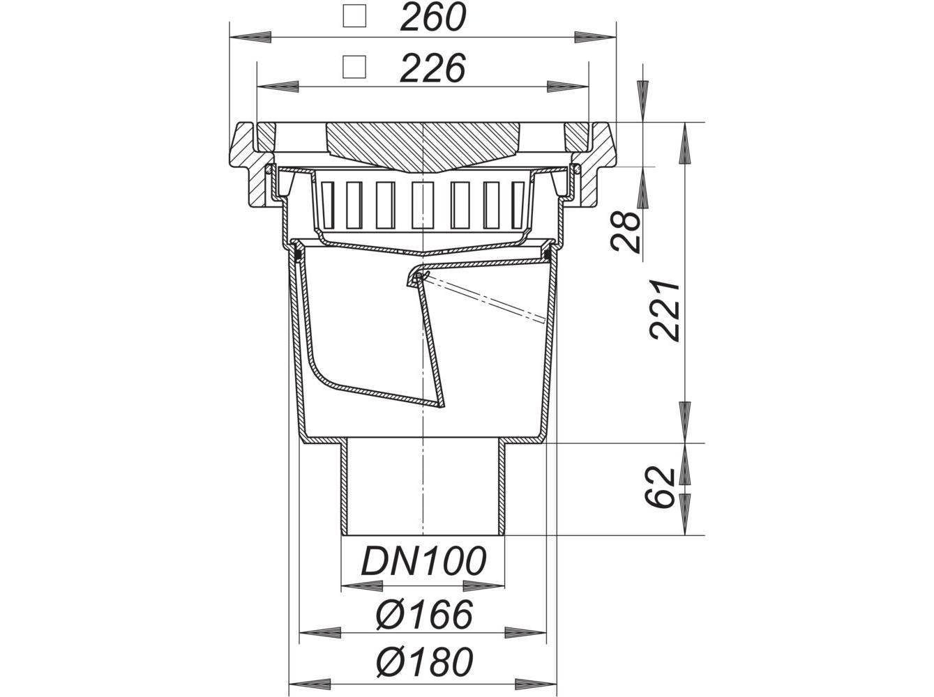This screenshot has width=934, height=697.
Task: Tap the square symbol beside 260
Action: [356, 17]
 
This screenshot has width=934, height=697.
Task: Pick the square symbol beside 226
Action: [356, 67]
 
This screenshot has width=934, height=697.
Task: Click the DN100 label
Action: [423, 561]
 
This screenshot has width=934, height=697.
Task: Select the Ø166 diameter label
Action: [423, 614]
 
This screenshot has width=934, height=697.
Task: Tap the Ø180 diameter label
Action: [423, 661]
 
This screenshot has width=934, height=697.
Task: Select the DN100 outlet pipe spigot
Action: [423, 488]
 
